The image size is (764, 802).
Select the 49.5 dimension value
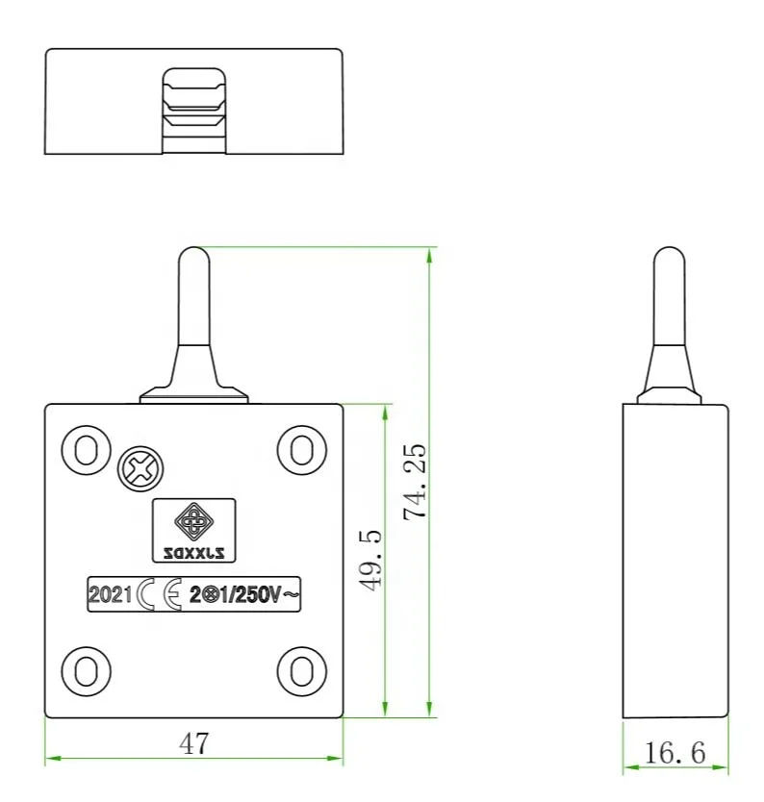click(372, 559)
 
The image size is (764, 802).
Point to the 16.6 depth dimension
click(675, 753)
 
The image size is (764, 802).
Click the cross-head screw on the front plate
click(140, 470)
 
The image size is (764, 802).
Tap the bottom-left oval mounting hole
click(85, 668)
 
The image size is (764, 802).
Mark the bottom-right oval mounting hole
click(300, 668)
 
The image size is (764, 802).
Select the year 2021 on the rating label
click(109, 595)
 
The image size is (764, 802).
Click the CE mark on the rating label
click(160, 595)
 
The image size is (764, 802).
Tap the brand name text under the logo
click(193, 552)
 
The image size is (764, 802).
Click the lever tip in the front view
click(193, 258)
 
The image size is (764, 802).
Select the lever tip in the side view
click(668, 258)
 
